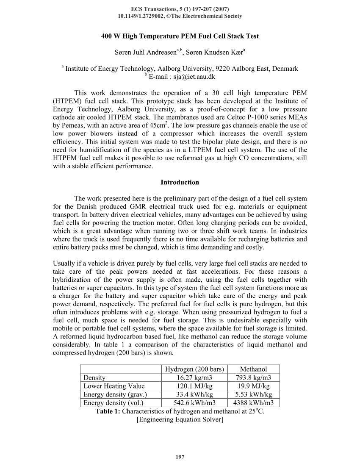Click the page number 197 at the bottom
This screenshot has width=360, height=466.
point(180,457)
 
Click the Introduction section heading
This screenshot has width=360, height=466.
point(180,182)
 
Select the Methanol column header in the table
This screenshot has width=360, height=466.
point(253,369)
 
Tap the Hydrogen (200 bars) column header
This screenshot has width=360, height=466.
point(194,369)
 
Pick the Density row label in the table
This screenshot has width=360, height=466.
point(95,377)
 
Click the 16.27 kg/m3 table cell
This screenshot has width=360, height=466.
point(194,377)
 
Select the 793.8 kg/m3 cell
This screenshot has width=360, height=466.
point(253,377)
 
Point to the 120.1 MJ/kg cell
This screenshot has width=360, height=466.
point(194,386)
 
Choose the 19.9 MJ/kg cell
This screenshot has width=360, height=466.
point(253,386)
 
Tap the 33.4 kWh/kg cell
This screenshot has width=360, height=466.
point(194,394)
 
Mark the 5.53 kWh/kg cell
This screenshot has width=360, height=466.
point(253,394)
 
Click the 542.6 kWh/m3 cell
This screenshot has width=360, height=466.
point(194,403)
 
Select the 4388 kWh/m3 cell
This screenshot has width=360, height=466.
point(253,403)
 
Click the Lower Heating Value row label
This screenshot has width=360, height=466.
point(114,386)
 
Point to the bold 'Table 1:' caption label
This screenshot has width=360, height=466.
point(108,411)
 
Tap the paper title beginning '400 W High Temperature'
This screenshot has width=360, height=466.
point(180,36)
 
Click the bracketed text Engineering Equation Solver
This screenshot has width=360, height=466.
point(180,420)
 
